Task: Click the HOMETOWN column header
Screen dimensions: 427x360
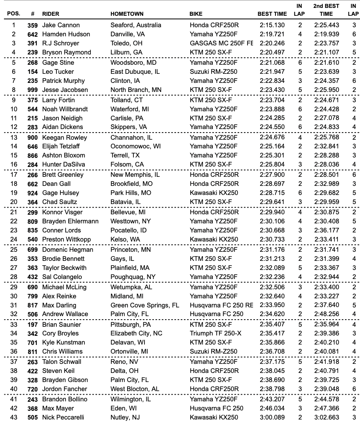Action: tap(127, 14)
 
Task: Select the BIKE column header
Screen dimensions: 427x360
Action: tap(196, 14)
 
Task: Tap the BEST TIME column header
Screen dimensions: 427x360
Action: tap(272, 14)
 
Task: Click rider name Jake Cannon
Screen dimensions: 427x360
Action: tap(61, 25)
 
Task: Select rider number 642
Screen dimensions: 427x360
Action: tap(32, 34)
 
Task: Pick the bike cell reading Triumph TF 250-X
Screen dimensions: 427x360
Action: tap(216, 333)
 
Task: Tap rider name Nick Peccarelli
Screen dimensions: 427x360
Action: tap(63, 418)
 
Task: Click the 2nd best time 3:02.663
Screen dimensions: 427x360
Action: tap(326, 418)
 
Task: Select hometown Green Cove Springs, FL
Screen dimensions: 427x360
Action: tap(145, 305)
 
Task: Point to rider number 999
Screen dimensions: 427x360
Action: tap(32, 90)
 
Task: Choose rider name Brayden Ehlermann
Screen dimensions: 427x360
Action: tap(70, 221)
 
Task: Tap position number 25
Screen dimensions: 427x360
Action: tap(14, 249)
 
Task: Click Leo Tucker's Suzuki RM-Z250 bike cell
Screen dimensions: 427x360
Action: tap(214, 71)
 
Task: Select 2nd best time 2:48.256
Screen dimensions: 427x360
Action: tap(326, 314)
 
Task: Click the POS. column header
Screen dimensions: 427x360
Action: tap(14, 14)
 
